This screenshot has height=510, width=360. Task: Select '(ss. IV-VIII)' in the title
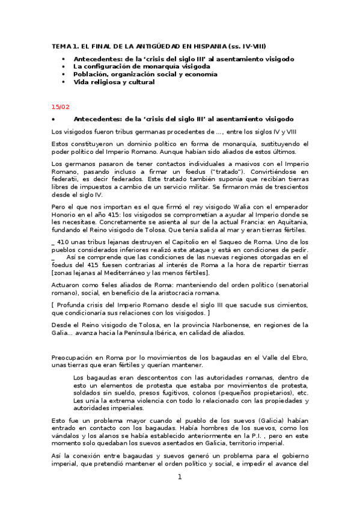pyautogui.click(x=248, y=46)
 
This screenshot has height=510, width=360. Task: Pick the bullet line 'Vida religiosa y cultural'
pyautogui.click(x=114, y=82)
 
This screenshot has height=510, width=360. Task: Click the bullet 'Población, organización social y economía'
pyautogui.click(x=145, y=75)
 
